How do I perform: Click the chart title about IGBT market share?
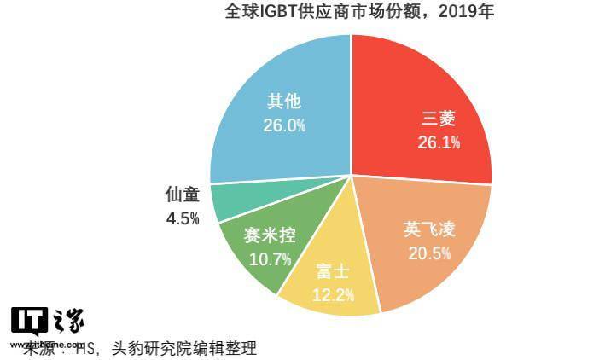348,12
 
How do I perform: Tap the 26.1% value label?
439,142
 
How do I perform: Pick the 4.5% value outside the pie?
183,218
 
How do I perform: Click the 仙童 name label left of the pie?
183,195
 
